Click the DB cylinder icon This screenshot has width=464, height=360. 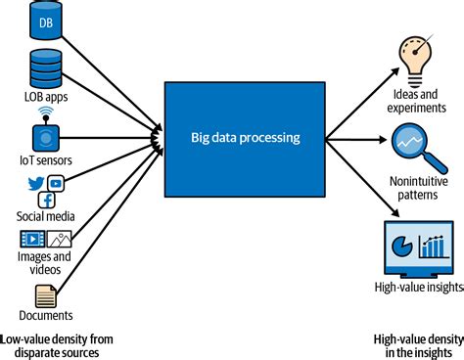pos(45,19)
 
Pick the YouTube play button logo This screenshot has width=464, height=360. pos(56,184)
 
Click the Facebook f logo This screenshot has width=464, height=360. pos(45,200)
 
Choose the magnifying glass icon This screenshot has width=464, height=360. pos(410,144)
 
